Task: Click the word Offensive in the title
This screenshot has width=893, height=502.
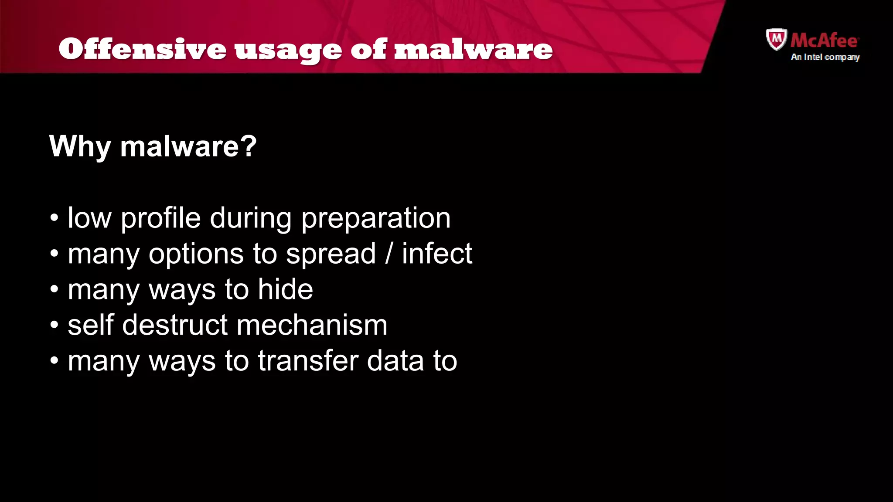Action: (142, 49)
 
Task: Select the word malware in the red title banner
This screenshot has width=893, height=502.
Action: (473, 49)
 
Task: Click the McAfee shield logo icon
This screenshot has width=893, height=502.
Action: (776, 39)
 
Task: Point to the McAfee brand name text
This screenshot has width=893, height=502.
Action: (824, 41)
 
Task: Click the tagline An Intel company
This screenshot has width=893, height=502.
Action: (825, 57)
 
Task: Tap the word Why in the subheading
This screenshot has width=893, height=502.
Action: (80, 146)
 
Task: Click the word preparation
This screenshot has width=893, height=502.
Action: (375, 219)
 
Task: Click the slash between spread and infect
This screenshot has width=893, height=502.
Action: (389, 254)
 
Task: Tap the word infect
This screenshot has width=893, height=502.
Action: (436, 254)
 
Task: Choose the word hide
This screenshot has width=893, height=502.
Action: (285, 289)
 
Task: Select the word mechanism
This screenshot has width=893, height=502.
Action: (312, 325)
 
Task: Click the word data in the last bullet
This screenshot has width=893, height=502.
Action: (395, 361)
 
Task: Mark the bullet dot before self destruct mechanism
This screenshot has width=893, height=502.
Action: (54, 325)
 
